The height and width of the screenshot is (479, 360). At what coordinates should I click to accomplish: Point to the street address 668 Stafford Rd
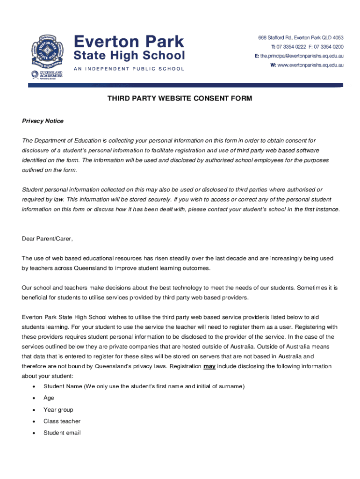[279, 38]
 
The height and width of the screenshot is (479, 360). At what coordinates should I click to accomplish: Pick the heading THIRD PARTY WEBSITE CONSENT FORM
[180, 98]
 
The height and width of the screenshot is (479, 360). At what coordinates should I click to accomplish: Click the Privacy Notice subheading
[43, 121]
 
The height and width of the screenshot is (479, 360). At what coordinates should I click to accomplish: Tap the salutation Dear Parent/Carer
[48, 239]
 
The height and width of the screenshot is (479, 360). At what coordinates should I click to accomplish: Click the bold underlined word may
[209, 366]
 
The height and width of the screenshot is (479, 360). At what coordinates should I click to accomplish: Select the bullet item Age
[49, 398]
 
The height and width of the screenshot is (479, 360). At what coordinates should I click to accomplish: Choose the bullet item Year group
[58, 409]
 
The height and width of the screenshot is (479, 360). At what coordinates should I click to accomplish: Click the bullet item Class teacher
[62, 421]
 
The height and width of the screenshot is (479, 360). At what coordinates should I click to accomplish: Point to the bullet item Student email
[62, 433]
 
